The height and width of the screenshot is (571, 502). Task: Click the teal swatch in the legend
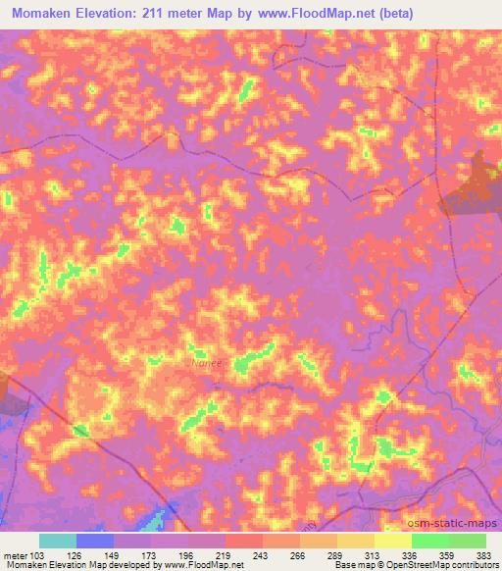click(58, 541)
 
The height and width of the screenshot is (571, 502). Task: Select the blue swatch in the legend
click(95, 541)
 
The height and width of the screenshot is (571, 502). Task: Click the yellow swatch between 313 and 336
click(393, 541)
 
